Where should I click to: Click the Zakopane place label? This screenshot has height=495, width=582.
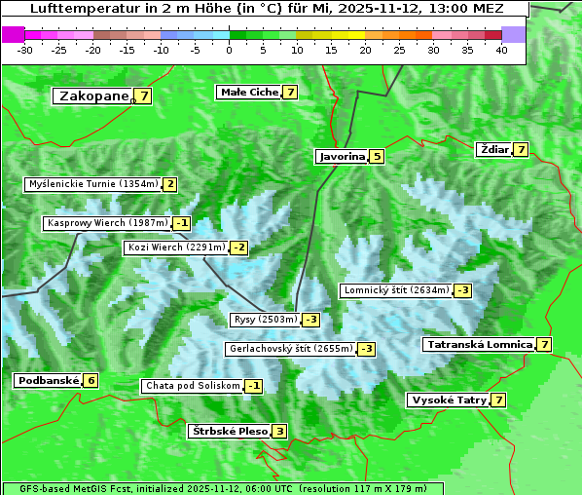[94, 95]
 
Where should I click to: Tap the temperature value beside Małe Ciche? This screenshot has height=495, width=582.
[290, 92]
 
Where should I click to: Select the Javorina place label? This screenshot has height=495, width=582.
[342, 156]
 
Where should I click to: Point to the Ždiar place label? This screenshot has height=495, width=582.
[494, 149]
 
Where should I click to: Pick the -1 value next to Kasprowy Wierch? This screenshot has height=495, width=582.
[182, 223]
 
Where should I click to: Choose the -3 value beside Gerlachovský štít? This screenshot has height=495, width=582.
[366, 349]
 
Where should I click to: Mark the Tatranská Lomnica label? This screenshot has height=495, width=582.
[479, 344]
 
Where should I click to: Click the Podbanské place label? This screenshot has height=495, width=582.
[47, 380]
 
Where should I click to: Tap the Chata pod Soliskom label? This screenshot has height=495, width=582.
[191, 386]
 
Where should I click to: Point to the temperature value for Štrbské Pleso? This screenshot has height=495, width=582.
[279, 431]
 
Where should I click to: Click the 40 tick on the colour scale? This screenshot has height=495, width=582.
[501, 50]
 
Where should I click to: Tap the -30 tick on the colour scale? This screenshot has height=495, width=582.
[25, 50]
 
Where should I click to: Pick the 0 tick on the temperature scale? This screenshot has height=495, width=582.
[229, 50]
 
